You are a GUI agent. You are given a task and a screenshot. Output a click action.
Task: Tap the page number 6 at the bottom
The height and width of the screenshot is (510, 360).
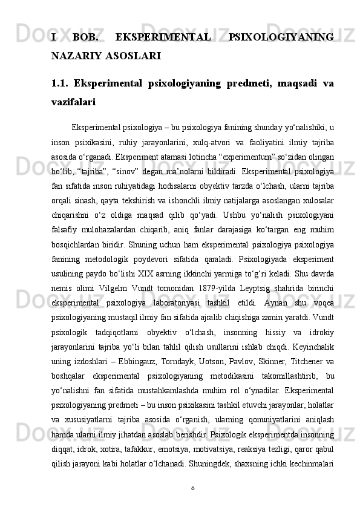pyautogui.click(x=192, y=486)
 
